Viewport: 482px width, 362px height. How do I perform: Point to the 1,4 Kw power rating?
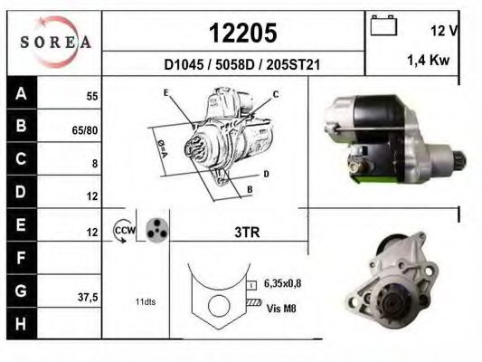coord(430,59)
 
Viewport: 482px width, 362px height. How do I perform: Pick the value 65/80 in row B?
coord(85,129)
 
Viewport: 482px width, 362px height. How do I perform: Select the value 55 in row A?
coord(91,95)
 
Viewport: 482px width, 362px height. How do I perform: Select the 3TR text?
coord(246,232)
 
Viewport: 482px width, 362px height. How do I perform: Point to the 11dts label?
coord(144,301)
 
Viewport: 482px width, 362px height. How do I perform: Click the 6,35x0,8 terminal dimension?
coord(281,283)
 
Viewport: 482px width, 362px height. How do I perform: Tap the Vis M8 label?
coord(280,307)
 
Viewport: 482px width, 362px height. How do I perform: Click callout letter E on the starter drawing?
coord(166,93)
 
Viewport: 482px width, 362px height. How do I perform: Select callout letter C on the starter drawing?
coord(275,94)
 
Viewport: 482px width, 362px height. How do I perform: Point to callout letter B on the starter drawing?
coord(249,188)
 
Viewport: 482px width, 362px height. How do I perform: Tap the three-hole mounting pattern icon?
coord(156,230)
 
